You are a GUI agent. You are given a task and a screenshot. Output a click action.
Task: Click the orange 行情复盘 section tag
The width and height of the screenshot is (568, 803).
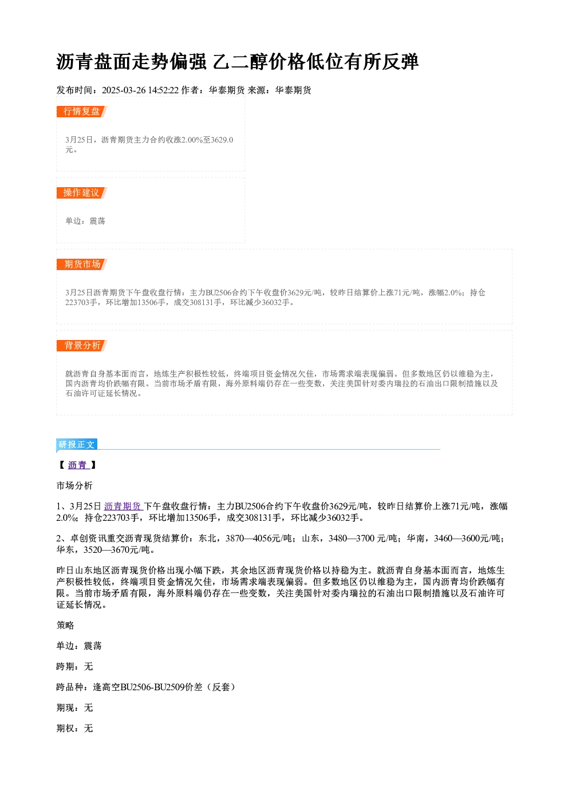pyautogui.click(x=81, y=112)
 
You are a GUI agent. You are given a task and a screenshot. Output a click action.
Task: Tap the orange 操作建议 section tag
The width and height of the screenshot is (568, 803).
pyautogui.click(x=81, y=193)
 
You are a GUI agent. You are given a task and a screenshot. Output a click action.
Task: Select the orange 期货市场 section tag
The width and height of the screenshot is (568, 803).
pyautogui.click(x=81, y=264)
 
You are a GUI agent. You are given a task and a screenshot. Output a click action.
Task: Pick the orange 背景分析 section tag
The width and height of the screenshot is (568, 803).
pyautogui.click(x=81, y=346)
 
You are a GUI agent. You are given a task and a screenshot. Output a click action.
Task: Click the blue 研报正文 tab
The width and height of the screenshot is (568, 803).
pyautogui.click(x=77, y=445)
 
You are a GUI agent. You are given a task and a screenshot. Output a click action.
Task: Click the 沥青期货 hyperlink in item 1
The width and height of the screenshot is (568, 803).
pyautogui.click(x=123, y=506)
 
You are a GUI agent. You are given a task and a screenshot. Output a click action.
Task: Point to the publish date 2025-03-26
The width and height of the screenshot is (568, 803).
pyautogui.click(x=124, y=90)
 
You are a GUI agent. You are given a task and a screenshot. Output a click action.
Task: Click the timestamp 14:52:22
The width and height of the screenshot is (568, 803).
pyautogui.click(x=164, y=90)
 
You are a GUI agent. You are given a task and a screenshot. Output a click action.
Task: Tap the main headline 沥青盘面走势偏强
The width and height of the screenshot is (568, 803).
pyautogui.click(x=131, y=62)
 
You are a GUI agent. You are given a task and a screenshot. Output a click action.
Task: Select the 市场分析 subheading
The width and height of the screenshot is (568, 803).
pyautogui.click(x=74, y=485)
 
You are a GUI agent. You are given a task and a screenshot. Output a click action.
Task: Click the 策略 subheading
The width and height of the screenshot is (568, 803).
pyautogui.click(x=65, y=625)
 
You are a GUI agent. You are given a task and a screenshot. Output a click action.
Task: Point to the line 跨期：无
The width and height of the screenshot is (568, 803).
pyautogui.click(x=74, y=666)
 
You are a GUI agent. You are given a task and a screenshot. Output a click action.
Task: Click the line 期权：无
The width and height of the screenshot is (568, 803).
pyautogui.click(x=74, y=728)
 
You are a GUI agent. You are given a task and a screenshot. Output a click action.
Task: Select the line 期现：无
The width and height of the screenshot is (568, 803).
pyautogui.click(x=74, y=707)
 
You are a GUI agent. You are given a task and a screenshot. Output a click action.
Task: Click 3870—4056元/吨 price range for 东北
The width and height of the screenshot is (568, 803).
pyautogui.click(x=259, y=538)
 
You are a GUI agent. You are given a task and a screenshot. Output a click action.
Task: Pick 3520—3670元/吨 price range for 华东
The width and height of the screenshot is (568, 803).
pyautogui.click(x=117, y=549)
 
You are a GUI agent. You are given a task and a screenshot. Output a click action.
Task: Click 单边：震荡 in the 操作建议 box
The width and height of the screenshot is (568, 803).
pyautogui.click(x=85, y=221)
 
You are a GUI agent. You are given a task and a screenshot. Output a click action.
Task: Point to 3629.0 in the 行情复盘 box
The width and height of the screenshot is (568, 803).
pyautogui.click(x=222, y=140)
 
